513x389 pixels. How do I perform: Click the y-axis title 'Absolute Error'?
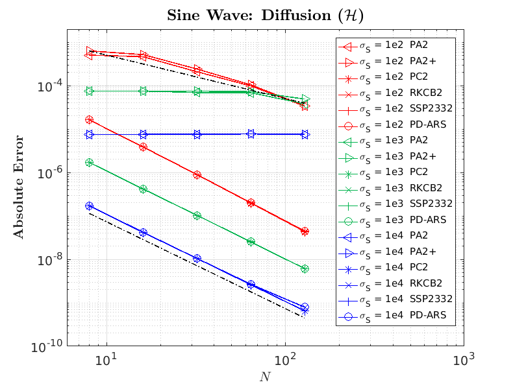point(19,187)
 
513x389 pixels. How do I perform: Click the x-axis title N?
point(264,377)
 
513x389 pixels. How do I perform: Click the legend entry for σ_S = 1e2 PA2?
point(395,46)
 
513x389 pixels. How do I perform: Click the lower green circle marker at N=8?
point(89,163)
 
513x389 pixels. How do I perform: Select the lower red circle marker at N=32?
point(197,175)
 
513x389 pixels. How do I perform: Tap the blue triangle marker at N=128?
point(305,134)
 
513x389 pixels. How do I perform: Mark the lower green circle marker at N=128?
point(305,268)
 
